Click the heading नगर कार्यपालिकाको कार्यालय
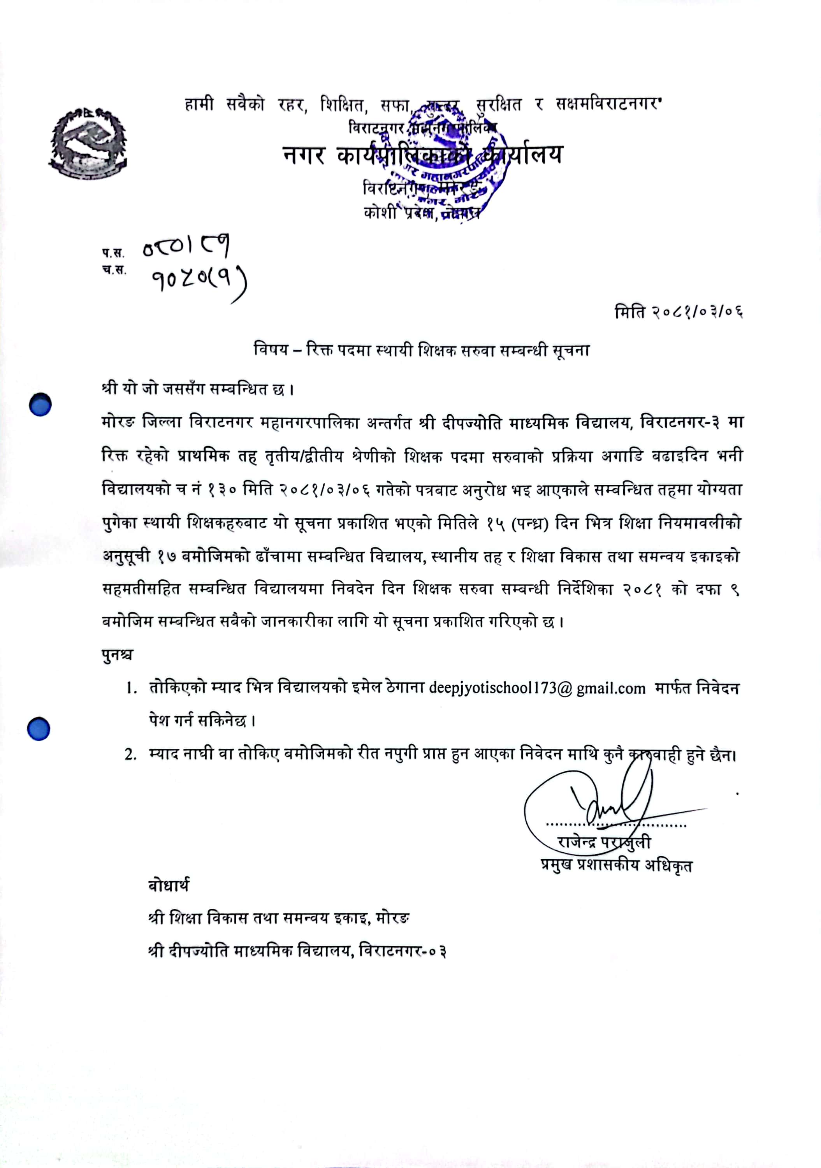click(x=422, y=155)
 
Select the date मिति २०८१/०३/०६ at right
click(x=679, y=311)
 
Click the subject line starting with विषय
click(x=422, y=350)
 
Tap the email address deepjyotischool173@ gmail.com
click(x=537, y=688)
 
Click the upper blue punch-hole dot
click(x=40, y=405)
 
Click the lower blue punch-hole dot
click(x=39, y=728)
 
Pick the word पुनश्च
click(x=118, y=655)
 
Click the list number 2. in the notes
click(x=131, y=755)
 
